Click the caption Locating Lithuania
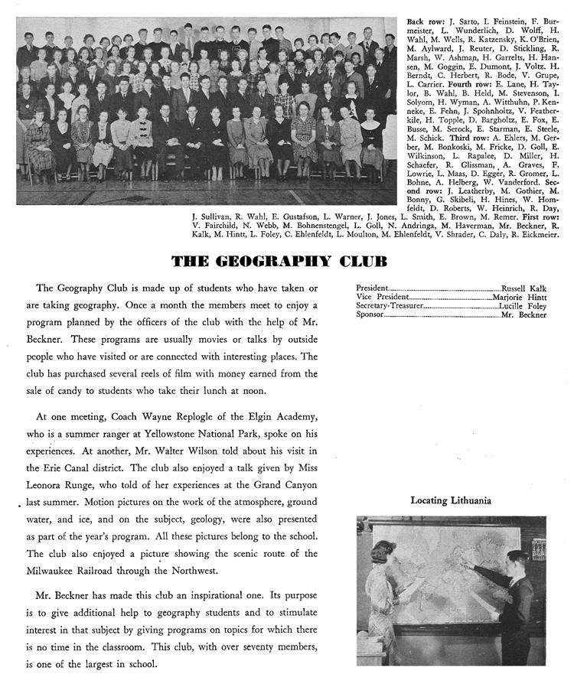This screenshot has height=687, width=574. [451, 501]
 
